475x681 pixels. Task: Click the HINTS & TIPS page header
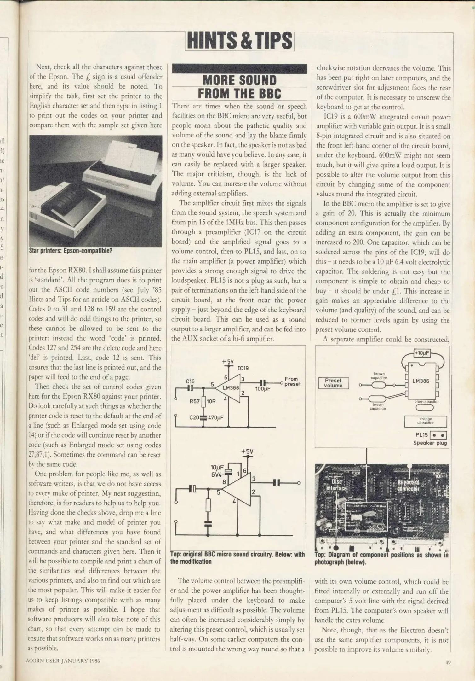(239, 41)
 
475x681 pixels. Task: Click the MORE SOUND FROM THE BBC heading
(239, 87)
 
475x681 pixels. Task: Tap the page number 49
(448, 662)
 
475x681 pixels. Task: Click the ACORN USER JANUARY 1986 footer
(63, 661)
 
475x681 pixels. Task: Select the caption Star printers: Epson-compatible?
(71, 251)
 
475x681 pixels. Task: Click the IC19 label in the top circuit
(243, 368)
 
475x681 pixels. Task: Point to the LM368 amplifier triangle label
(231, 388)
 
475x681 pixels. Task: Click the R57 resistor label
(194, 401)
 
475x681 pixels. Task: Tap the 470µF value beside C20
(216, 417)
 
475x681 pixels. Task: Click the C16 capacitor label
(190, 381)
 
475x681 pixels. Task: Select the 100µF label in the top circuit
(263, 389)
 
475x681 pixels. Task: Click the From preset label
(292, 381)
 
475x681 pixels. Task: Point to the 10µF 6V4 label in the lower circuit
(217, 471)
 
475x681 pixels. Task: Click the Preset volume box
(333, 383)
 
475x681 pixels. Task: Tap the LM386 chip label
(421, 381)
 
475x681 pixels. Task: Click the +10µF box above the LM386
(422, 353)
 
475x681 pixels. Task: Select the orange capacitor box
(426, 421)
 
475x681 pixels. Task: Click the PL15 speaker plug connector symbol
(438, 435)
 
